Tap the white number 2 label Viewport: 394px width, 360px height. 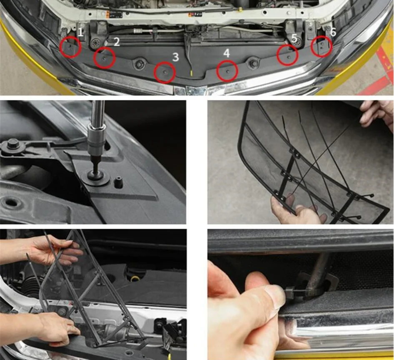pyautogui.click(x=116, y=42)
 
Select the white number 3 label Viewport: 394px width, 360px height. pyautogui.click(x=176, y=57)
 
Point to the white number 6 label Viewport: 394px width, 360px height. pyautogui.click(x=333, y=32)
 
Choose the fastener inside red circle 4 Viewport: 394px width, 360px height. pyautogui.click(x=228, y=71)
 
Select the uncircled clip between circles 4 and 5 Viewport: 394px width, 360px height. pyautogui.click(x=253, y=63)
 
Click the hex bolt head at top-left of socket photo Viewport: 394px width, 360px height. pyautogui.click(x=13, y=145)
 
